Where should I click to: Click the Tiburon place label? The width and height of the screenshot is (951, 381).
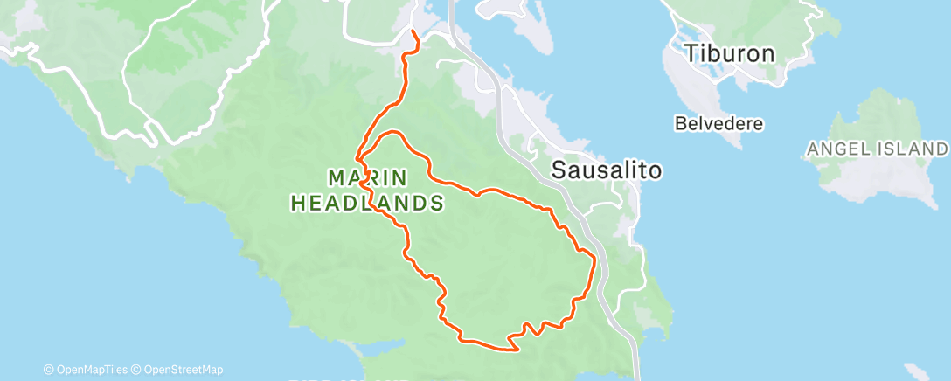coord(730,53)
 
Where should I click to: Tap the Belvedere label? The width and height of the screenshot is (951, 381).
coord(719,124)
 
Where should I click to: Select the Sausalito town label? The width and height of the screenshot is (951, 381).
coord(606,170)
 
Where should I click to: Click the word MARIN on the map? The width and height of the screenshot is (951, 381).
coord(367,178)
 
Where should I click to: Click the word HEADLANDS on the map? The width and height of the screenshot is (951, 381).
coord(364,204)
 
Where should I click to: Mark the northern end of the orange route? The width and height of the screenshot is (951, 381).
coord(413,32)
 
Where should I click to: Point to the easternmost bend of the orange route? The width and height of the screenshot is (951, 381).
coord(595,259)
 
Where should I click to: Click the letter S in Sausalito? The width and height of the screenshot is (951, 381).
coord(559,170)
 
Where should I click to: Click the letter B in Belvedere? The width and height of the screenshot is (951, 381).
coord(680,124)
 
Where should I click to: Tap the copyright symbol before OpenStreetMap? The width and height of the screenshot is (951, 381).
coord(136,370)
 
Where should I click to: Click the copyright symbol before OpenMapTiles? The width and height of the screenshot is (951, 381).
coord(48,370)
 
